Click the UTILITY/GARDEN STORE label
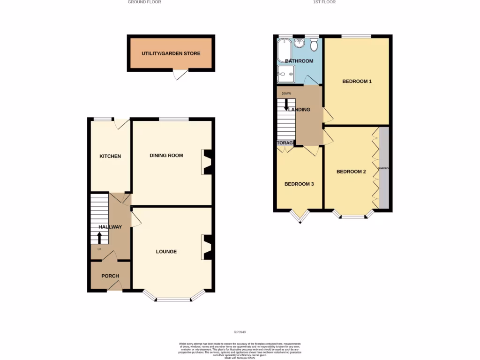pyautogui.click(x=171, y=53)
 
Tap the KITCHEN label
pyautogui.click(x=110, y=156)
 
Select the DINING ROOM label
pyautogui.click(x=166, y=155)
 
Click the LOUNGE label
pyautogui.click(x=166, y=252)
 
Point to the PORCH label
pyautogui.click(x=110, y=276)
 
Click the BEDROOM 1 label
pyautogui.click(x=357, y=82)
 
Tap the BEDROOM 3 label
pyautogui.click(x=299, y=184)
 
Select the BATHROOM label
pyautogui.click(x=299, y=61)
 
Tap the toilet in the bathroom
pyautogui.click(x=314, y=45)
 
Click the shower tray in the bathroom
pyautogui.click(x=285, y=74)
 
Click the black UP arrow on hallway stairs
pyautogui.click(x=99, y=237)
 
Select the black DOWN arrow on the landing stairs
pyautogui.click(x=286, y=105)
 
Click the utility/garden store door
pyautogui.click(x=180, y=75)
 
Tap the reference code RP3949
pyautogui.click(x=240, y=332)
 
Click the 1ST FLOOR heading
pyautogui.click(x=324, y=2)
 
